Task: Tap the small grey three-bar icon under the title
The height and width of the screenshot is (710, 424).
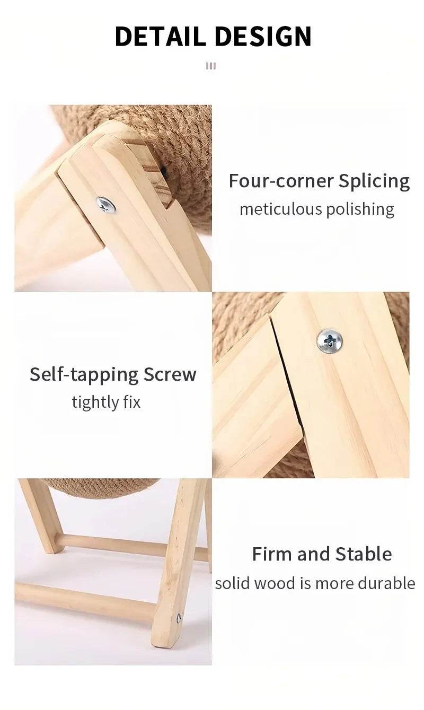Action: [211, 66]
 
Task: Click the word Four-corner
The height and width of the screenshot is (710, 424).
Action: [281, 181]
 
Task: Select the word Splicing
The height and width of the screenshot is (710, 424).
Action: [374, 182]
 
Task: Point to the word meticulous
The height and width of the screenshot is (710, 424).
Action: [280, 209]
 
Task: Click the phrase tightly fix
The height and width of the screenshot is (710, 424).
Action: [106, 402]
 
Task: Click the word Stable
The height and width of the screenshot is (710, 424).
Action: [362, 554]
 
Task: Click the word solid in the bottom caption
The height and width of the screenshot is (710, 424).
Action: [232, 583]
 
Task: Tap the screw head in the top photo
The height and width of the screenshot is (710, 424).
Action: [105, 204]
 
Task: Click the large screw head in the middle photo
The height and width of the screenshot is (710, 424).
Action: [329, 340]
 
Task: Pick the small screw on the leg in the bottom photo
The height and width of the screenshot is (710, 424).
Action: [179, 618]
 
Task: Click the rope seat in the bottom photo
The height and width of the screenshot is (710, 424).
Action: [101, 487]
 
